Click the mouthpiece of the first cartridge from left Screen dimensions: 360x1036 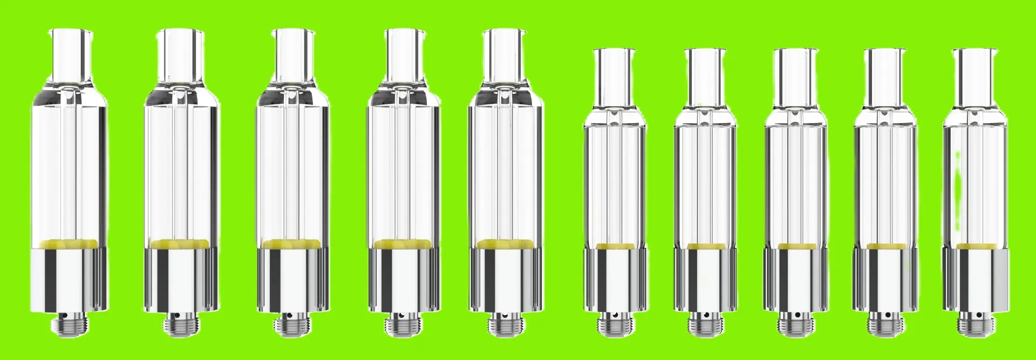tap(69, 54)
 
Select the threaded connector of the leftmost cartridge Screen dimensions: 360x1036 tap(69, 324)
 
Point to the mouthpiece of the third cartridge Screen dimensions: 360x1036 tap(292, 54)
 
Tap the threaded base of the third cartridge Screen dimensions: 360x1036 tap(292, 325)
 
